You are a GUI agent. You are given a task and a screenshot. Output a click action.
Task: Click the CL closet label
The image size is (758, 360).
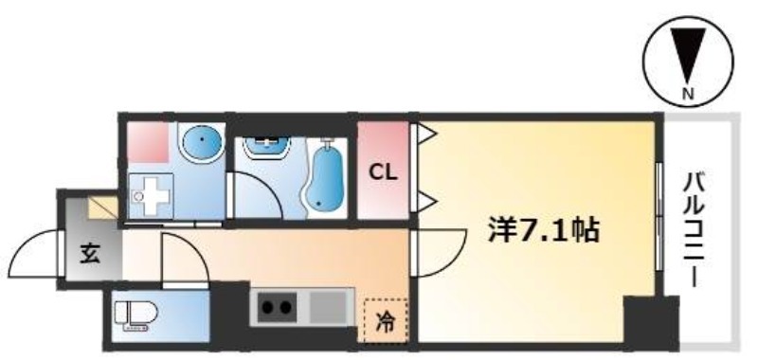pos(384,172)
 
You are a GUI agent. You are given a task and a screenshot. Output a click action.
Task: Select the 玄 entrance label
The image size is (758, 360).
pos(90,254)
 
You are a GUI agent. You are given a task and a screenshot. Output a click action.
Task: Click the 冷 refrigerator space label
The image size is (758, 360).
pos(386,321)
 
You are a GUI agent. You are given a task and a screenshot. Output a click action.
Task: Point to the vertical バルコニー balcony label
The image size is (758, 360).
pos(695,231)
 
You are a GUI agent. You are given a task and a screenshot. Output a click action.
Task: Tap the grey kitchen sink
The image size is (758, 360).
pos(328,307)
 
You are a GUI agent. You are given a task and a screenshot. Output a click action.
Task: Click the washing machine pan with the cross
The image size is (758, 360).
pos(151,195)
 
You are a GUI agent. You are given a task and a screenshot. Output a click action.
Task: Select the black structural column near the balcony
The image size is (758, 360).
pos(651,322)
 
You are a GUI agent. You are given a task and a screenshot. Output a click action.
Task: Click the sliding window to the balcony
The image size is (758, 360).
pos(659,215)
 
